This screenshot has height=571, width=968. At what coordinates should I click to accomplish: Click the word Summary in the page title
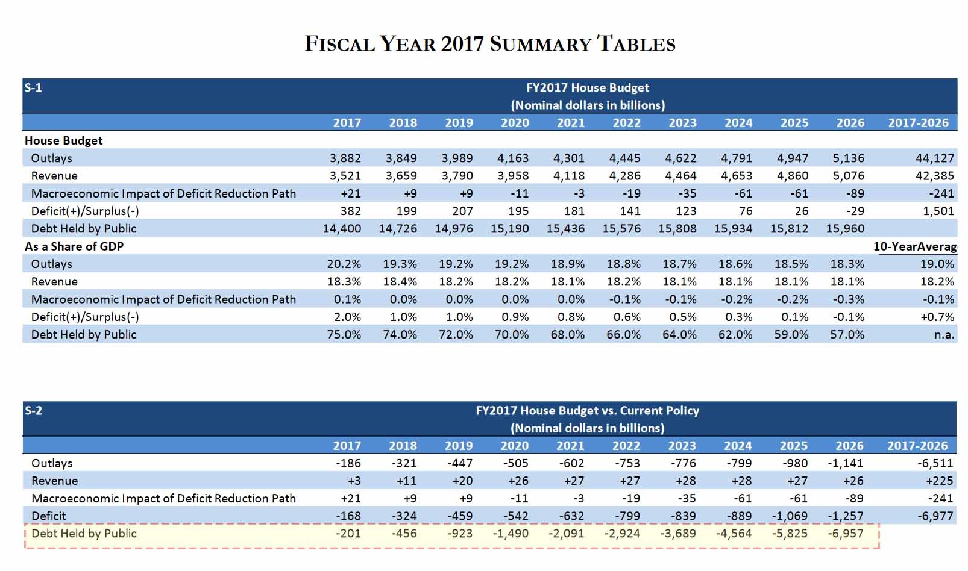(x=540, y=44)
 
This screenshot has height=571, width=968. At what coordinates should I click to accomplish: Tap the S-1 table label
(x=33, y=88)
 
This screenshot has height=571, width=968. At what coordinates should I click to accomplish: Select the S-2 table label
(x=33, y=410)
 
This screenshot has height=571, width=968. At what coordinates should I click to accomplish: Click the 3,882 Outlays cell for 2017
(x=345, y=158)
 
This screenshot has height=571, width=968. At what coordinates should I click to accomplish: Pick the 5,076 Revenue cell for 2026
(x=849, y=176)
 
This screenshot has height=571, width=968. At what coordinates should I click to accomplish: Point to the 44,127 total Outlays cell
(x=935, y=158)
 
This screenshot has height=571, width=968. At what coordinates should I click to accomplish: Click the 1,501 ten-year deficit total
(x=938, y=211)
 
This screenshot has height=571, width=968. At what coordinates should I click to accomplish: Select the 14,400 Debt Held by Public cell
(x=342, y=228)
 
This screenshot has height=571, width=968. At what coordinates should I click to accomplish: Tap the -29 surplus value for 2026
(x=855, y=211)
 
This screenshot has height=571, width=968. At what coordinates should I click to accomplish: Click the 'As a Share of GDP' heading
(x=74, y=246)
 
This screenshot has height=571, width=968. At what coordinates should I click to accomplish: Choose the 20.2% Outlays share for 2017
(x=344, y=264)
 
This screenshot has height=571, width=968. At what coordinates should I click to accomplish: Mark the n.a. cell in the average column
(x=944, y=335)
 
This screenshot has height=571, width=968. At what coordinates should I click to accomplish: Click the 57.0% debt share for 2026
(x=847, y=335)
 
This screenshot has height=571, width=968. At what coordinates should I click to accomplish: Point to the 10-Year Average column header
(x=916, y=246)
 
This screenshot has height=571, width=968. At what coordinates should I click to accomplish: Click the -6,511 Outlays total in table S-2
(x=935, y=463)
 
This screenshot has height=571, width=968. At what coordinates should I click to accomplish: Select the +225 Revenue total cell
(x=940, y=481)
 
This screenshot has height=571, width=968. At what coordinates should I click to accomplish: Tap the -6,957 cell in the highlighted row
(x=846, y=534)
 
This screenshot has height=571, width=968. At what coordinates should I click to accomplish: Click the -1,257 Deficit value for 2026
(x=846, y=516)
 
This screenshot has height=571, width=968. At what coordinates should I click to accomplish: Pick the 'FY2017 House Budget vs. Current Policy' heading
(x=587, y=410)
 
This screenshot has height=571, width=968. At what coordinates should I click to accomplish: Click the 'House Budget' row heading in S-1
(x=63, y=140)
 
